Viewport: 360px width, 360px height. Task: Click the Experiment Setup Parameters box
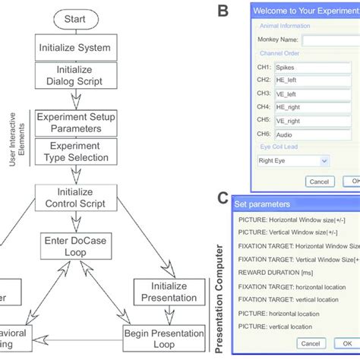(x=74, y=122)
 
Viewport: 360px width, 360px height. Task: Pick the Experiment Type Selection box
(x=74, y=151)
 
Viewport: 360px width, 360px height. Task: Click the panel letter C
(x=223, y=198)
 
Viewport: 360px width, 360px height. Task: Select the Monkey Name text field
(x=330, y=40)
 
